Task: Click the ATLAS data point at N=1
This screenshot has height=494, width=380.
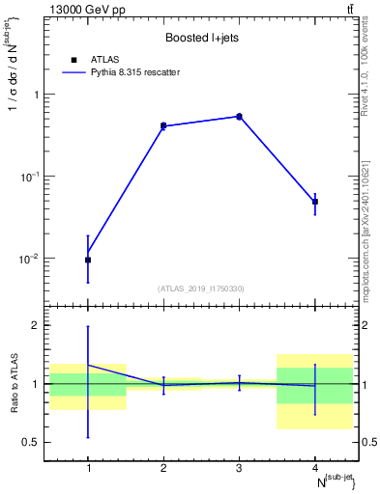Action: point(88,260)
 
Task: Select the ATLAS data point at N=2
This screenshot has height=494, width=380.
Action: point(163,125)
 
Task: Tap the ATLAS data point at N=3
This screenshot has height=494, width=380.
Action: point(239,117)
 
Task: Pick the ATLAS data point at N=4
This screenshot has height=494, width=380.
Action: point(314,202)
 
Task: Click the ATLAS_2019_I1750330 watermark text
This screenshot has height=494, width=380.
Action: point(201,288)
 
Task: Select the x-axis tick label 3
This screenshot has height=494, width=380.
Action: point(239,468)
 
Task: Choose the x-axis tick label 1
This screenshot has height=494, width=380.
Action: point(88,468)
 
